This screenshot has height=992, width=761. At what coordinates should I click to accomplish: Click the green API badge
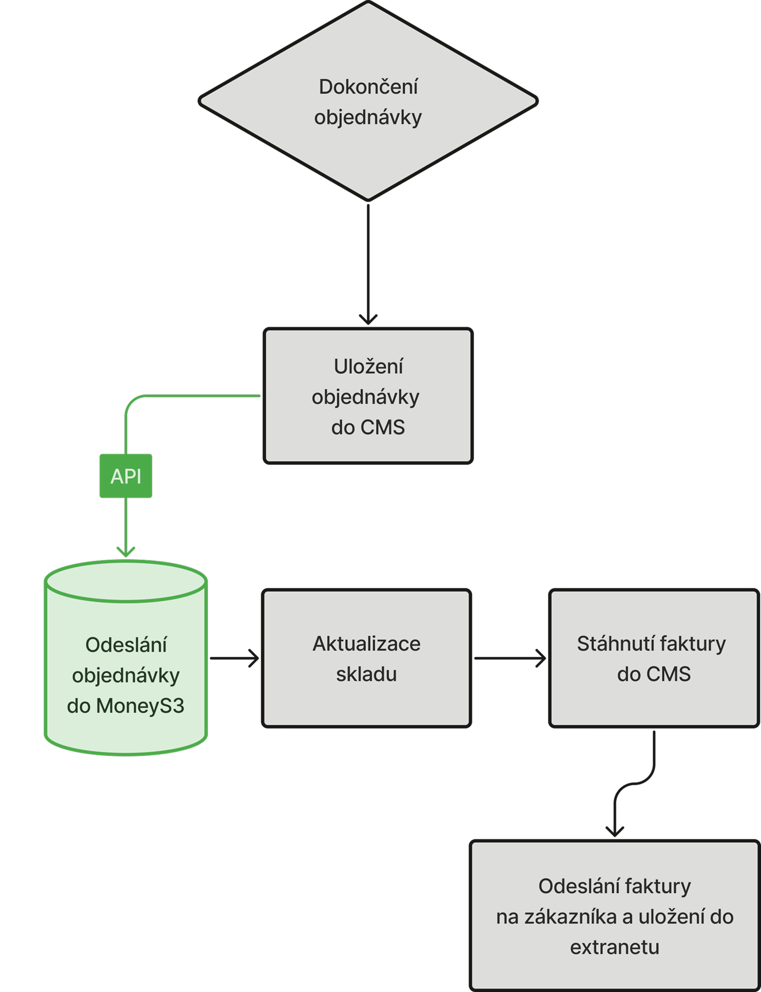pyautogui.click(x=126, y=476)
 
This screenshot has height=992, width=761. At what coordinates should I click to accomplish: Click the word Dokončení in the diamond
pyautogui.click(x=368, y=87)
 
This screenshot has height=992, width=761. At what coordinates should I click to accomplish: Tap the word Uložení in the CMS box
pyautogui.click(x=368, y=366)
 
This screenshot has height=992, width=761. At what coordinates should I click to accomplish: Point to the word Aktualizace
pyautogui.click(x=366, y=644)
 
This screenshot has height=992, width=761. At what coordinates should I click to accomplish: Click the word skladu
pyautogui.click(x=366, y=674)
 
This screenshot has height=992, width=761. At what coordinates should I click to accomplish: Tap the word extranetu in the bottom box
pyautogui.click(x=615, y=947)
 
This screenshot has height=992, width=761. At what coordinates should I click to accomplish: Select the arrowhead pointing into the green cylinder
pyautogui.click(x=126, y=552)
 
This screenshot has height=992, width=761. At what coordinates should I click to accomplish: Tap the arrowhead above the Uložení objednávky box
pyautogui.click(x=368, y=319)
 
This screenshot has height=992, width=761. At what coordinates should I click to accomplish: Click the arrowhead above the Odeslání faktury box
pyautogui.click(x=615, y=831)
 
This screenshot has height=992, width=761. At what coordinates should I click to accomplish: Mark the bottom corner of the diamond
pyautogui.click(x=368, y=201)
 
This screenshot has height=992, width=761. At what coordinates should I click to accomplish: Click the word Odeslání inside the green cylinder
pyautogui.click(x=126, y=645)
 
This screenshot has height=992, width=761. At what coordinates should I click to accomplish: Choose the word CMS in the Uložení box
pyautogui.click(x=382, y=428)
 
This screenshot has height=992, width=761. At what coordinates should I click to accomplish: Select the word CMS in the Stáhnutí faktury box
pyautogui.click(x=668, y=674)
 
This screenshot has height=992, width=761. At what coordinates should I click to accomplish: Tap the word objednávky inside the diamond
pyautogui.click(x=368, y=118)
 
